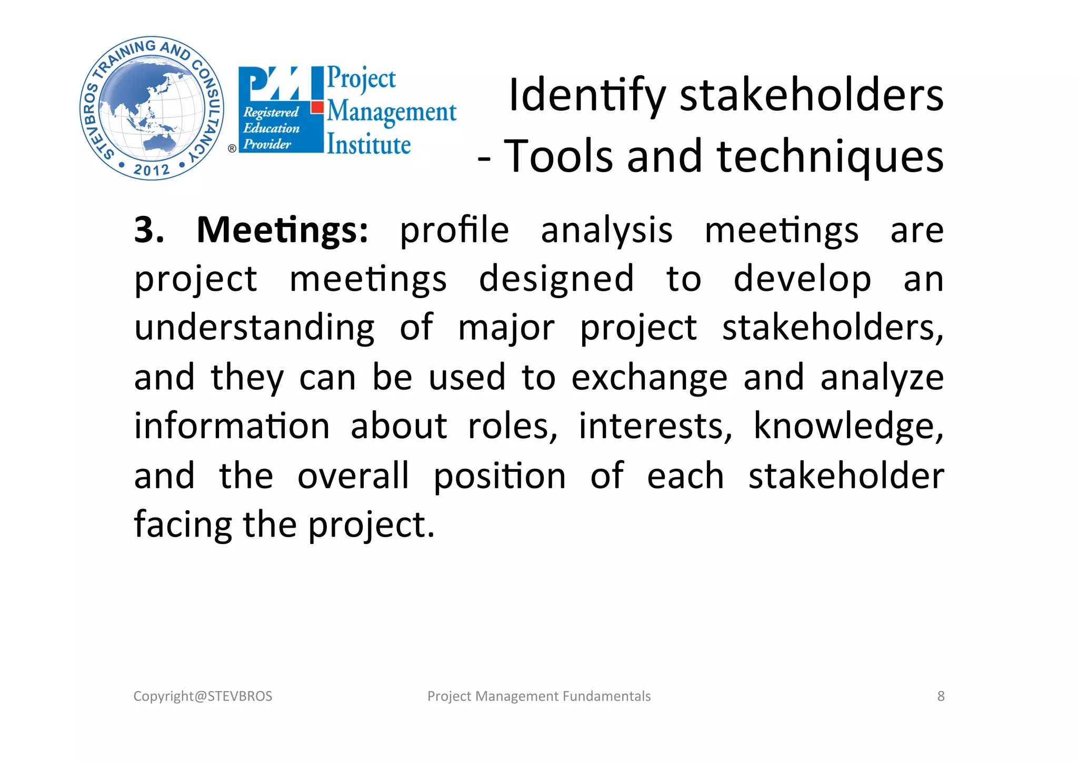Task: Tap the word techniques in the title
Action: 830,157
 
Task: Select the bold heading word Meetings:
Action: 282,230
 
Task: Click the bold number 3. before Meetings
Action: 149,230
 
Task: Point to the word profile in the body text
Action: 454,231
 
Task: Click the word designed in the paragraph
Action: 556,279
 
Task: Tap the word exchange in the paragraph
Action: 649,378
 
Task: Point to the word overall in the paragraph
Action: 353,476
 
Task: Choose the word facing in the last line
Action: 183,525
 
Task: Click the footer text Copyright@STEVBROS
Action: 203,696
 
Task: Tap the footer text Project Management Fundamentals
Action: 539,696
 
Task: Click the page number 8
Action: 941,696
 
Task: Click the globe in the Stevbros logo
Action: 151,108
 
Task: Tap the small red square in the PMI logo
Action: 317,107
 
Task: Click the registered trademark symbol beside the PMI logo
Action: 232,149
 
